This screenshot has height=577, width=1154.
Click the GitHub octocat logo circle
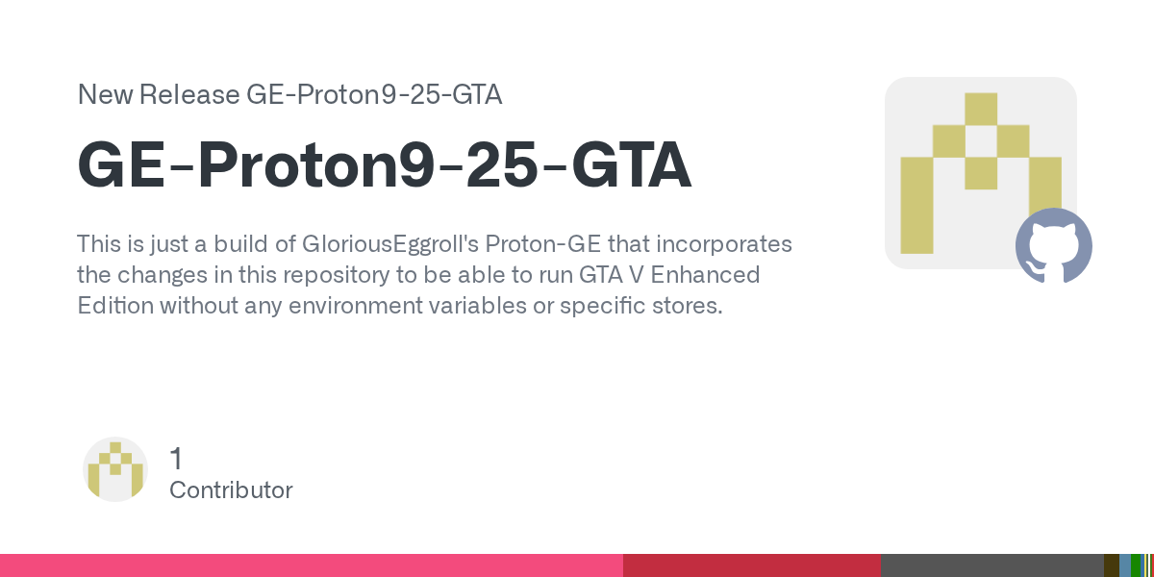[x=1054, y=246]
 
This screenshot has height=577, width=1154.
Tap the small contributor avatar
[x=115, y=469]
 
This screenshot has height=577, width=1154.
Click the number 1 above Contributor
[x=176, y=459]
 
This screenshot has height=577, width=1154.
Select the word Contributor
[x=231, y=489]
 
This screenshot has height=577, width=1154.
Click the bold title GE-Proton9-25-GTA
[x=385, y=164]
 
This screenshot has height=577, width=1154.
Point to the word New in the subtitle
[x=105, y=94]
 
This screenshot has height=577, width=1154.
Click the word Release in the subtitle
[x=189, y=94]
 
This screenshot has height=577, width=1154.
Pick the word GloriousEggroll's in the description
[x=390, y=244]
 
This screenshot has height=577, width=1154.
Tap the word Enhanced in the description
[x=705, y=275]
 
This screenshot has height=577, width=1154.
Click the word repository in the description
[x=336, y=276]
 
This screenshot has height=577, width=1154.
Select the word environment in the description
[x=356, y=306]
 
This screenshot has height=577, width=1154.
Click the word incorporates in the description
[x=724, y=244]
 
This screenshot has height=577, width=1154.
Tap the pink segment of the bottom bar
[x=312, y=565]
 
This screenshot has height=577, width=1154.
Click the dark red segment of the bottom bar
[x=752, y=565]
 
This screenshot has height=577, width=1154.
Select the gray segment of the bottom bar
[x=992, y=565]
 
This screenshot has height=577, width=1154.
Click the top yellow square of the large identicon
[x=981, y=109]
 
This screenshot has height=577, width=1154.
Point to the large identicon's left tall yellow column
[x=917, y=206]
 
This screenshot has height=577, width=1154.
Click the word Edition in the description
[x=115, y=306]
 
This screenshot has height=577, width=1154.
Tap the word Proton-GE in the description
[x=543, y=244]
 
